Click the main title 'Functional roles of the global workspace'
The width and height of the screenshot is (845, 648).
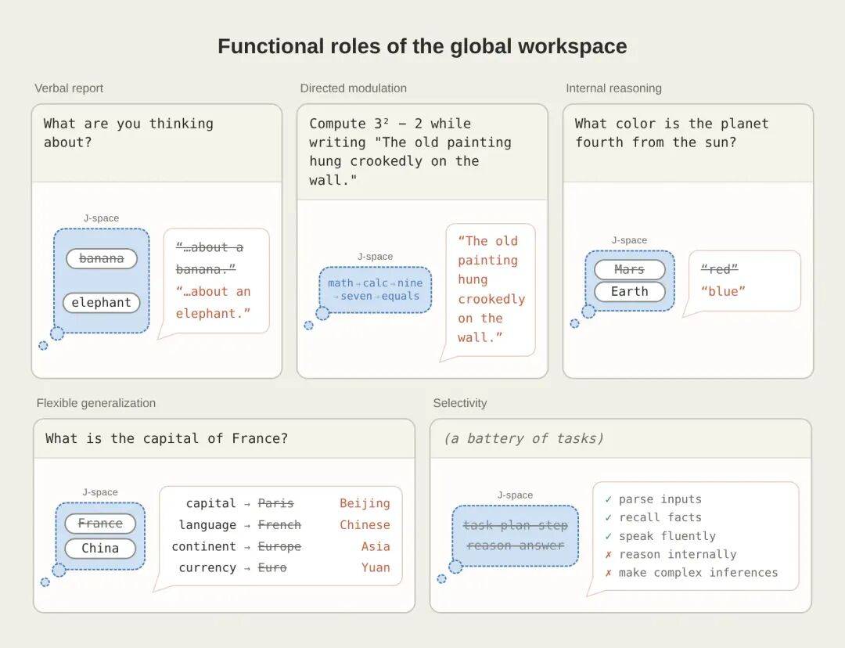(422, 46)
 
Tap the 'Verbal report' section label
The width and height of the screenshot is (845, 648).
(69, 88)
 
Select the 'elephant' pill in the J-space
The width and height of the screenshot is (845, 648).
(101, 302)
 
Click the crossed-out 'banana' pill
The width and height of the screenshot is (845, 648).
(101, 258)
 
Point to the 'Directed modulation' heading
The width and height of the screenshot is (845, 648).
(354, 88)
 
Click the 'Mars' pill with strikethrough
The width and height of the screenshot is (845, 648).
(629, 269)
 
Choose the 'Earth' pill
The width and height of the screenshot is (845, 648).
(629, 292)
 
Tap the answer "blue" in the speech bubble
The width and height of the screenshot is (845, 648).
(723, 291)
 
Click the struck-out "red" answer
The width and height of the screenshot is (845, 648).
(719, 269)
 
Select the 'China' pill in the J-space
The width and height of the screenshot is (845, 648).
(100, 549)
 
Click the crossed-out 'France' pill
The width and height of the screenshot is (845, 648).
(100, 524)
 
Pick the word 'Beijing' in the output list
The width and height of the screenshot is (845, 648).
(365, 503)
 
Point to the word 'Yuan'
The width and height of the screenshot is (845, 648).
(376, 567)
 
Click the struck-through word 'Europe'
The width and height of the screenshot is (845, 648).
(279, 546)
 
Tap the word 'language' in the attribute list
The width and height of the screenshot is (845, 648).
(207, 525)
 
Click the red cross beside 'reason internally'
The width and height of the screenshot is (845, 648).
(609, 555)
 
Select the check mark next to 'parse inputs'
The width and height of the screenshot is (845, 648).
(609, 500)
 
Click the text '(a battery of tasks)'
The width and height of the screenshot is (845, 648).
(523, 439)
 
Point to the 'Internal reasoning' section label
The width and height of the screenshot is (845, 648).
(614, 88)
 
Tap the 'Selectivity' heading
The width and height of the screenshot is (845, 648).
(460, 403)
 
